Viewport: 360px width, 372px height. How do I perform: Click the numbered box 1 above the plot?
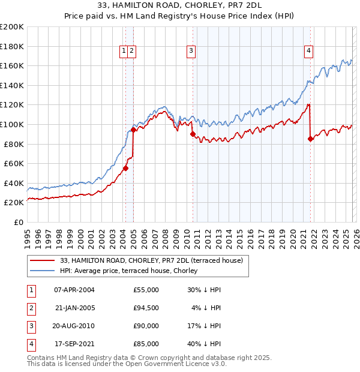coord(124,52)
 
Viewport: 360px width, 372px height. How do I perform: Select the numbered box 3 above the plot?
coord(191,52)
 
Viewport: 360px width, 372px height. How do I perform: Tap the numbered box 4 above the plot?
coord(308,52)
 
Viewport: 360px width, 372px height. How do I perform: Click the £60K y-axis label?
coord(14,163)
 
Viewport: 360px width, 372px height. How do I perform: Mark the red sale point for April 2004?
coord(125,168)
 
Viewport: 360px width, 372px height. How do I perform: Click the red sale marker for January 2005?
coord(133,130)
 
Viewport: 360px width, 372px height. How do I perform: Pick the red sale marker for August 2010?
coord(193,134)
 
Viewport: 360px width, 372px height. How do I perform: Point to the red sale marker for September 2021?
coord(310,139)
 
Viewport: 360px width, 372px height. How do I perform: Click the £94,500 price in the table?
coord(146,308)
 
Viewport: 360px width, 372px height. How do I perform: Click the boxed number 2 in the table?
coord(29,308)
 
